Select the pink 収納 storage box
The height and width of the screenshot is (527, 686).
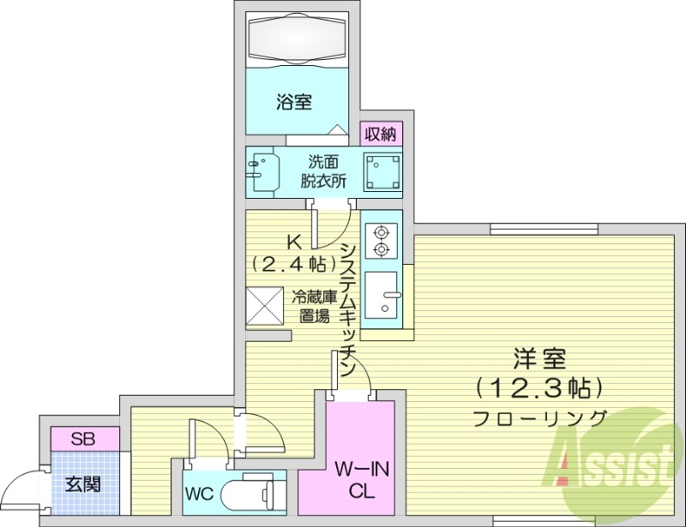(x=381, y=134)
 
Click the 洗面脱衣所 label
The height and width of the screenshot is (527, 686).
(x=323, y=171)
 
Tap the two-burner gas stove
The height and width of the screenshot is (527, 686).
(x=380, y=240)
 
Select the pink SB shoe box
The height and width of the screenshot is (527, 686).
(x=83, y=439)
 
